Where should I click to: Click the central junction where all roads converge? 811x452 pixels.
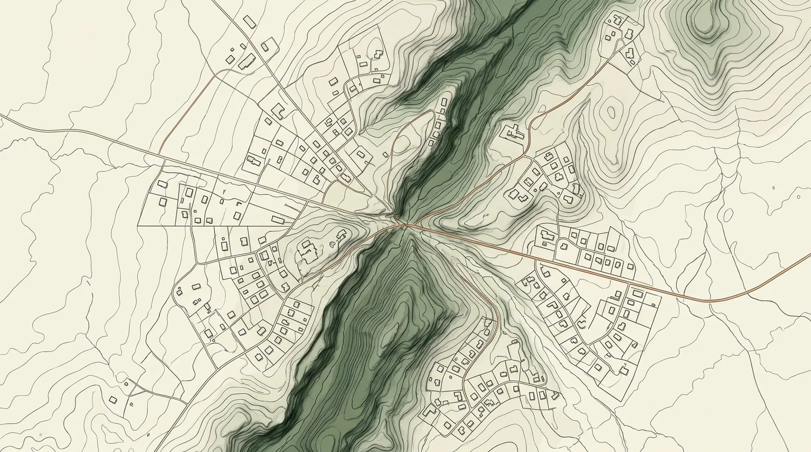pos(404,224)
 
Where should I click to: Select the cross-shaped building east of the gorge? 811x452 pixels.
pos(514,132)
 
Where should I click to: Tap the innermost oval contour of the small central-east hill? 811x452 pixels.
pos(611,112)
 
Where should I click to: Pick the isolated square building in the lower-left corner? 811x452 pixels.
pos(113,400)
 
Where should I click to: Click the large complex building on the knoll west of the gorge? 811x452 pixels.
pos(307,251)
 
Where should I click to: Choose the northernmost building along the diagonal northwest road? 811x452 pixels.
pos(249,22)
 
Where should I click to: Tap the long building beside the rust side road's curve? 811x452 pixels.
pos(247,61)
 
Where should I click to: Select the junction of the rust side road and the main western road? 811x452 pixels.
pos(160,154)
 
